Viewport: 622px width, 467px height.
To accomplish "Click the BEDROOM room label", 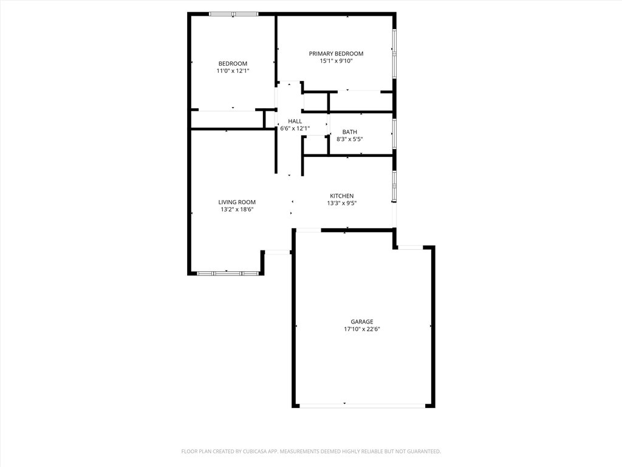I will tap(233, 64).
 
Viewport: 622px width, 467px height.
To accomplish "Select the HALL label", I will tap(295, 121).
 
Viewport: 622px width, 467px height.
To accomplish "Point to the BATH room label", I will tap(349, 132).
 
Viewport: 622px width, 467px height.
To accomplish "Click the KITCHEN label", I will tap(341, 196).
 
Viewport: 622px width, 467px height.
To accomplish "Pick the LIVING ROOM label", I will tap(237, 202).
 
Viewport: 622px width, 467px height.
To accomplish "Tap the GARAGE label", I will tap(361, 322).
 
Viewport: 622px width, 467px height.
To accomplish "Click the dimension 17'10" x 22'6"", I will tap(361, 329).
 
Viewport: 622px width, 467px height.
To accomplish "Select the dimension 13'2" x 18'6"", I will tap(237, 210).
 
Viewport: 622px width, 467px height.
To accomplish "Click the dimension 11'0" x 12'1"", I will tap(233, 71).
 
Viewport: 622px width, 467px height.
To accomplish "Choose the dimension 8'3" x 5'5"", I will tap(349, 139).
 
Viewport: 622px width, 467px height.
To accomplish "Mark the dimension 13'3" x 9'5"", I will tap(341, 203).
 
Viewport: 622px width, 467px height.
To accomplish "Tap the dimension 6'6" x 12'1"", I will tap(295, 128).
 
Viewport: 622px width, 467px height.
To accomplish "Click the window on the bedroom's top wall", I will tap(234, 14).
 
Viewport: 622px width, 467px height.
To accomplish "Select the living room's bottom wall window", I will tap(228, 274).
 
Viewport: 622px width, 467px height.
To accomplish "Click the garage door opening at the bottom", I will tap(363, 404).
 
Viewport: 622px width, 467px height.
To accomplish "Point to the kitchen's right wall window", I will tap(394, 185).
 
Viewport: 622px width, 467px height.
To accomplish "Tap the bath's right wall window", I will tap(394, 133).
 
